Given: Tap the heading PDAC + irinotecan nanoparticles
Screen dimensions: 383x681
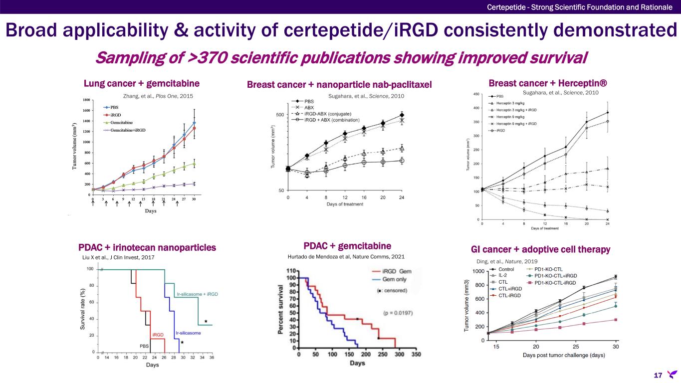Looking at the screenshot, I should click(x=147, y=247).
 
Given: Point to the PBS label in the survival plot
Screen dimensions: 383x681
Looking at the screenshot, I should click(x=144, y=345).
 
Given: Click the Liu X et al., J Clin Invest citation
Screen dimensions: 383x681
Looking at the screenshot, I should click(x=118, y=258).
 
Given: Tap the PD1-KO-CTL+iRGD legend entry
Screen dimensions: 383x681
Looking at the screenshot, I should click(x=555, y=276).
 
